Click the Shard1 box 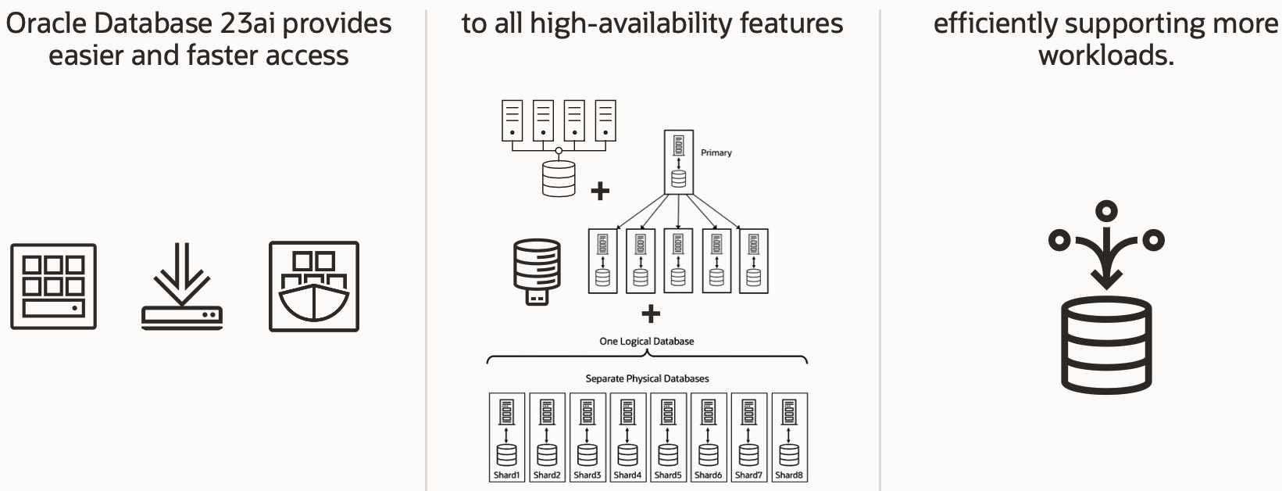coord(506,437)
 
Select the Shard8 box coord(789,437)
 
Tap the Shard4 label coord(627,475)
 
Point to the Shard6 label coord(708,475)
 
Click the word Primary coord(716,152)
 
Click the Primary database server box coord(678,163)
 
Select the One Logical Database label coord(646,341)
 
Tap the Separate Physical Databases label coord(647,378)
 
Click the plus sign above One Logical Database coord(650,314)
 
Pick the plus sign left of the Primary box coord(599,191)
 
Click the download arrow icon coord(182,286)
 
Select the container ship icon coord(314,286)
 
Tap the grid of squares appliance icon coord(53,286)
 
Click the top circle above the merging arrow coord(1106,210)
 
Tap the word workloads coord(1105,56)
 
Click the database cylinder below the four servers coord(558,178)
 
